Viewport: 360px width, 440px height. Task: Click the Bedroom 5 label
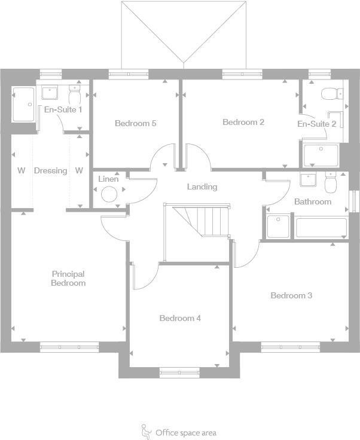point(136,124)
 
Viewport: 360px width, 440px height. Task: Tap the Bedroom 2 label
point(243,123)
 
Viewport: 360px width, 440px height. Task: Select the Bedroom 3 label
point(291,295)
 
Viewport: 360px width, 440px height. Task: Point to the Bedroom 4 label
point(180,318)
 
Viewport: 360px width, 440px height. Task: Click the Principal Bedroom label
point(68,279)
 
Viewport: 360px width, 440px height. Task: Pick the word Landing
point(202,187)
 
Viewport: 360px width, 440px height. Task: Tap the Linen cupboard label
point(108,179)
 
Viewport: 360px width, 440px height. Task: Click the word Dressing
point(50,171)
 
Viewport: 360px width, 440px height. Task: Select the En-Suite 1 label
point(63,109)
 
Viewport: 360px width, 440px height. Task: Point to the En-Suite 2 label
point(317,124)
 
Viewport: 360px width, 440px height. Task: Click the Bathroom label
point(312,202)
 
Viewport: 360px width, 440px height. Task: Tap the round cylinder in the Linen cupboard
point(109,194)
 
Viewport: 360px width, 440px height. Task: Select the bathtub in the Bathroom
point(320,228)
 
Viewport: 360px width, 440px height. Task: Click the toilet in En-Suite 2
point(331,94)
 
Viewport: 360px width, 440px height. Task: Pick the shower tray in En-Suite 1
point(23,105)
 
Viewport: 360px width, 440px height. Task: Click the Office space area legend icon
point(146,430)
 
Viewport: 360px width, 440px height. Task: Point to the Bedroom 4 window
point(179,372)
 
